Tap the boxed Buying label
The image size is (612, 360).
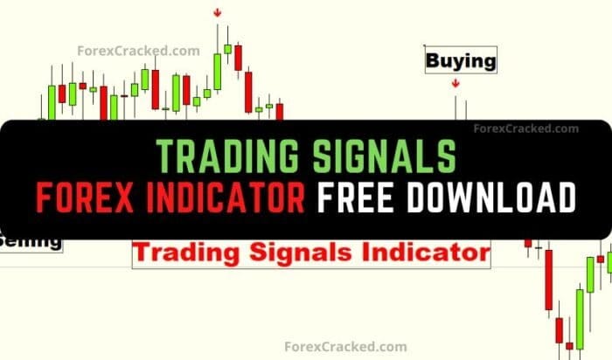pos(461,61)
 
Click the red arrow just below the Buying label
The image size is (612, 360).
pos(456,84)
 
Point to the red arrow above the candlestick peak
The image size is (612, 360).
pos(217,13)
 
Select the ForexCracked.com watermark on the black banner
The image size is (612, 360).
pos(525,128)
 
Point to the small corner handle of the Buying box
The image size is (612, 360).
pos(424,46)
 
